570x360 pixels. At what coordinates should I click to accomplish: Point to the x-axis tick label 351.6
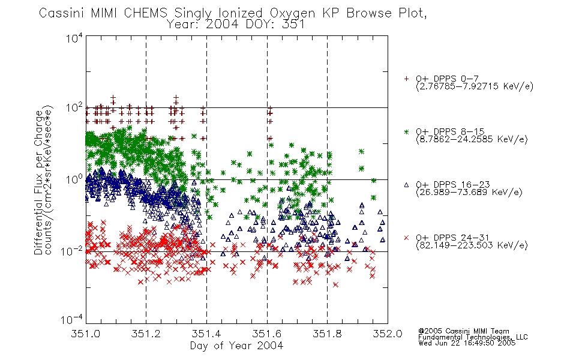[266, 334]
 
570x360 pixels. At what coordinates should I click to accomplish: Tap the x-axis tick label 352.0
[387, 334]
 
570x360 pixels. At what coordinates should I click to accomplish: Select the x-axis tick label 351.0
[85, 334]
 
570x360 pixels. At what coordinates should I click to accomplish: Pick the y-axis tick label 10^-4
[71, 319]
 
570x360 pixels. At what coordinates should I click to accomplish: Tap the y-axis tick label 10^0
[74, 179]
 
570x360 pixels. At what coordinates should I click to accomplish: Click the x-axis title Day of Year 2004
[236, 346]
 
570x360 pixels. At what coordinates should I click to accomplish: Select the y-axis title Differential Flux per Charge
[38, 182]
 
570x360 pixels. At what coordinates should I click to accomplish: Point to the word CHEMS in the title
[145, 13]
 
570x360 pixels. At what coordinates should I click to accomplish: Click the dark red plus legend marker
[406, 79]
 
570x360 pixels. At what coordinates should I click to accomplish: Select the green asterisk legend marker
[406, 131]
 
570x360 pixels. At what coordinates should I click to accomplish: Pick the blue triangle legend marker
[406, 185]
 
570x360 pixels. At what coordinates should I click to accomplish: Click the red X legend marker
[406, 238]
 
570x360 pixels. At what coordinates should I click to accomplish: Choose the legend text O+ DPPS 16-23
[453, 184]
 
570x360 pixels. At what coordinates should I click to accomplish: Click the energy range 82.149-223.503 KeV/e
[472, 245]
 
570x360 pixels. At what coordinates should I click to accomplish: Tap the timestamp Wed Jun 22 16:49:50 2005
[467, 343]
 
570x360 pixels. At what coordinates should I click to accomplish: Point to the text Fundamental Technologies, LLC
[473, 337]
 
